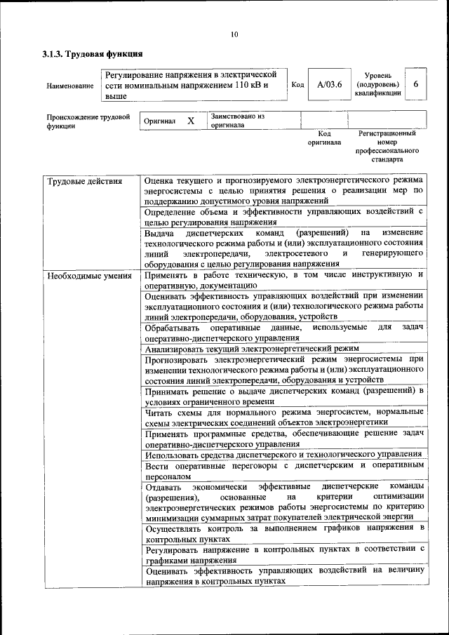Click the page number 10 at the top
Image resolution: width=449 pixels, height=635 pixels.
point(234,35)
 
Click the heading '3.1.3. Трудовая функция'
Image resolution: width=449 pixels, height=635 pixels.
point(93,54)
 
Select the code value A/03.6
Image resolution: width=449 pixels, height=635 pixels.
point(329,85)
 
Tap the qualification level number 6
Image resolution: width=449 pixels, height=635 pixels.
point(416,84)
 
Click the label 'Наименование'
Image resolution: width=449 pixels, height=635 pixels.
point(70,86)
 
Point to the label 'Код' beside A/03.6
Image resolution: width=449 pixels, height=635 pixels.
point(297,85)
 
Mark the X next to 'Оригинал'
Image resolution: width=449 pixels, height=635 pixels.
point(190,121)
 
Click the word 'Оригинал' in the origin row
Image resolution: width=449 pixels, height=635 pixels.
point(159,121)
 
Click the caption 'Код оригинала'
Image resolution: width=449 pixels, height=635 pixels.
point(324,138)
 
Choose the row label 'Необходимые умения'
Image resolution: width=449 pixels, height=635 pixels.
point(88,276)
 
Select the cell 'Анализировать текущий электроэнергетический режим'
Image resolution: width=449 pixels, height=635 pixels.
point(252,348)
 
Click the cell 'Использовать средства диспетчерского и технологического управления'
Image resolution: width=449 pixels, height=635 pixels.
point(283,454)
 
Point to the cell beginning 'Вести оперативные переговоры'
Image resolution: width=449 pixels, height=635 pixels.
point(283,470)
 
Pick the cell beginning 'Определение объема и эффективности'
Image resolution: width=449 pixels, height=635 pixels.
point(283,216)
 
